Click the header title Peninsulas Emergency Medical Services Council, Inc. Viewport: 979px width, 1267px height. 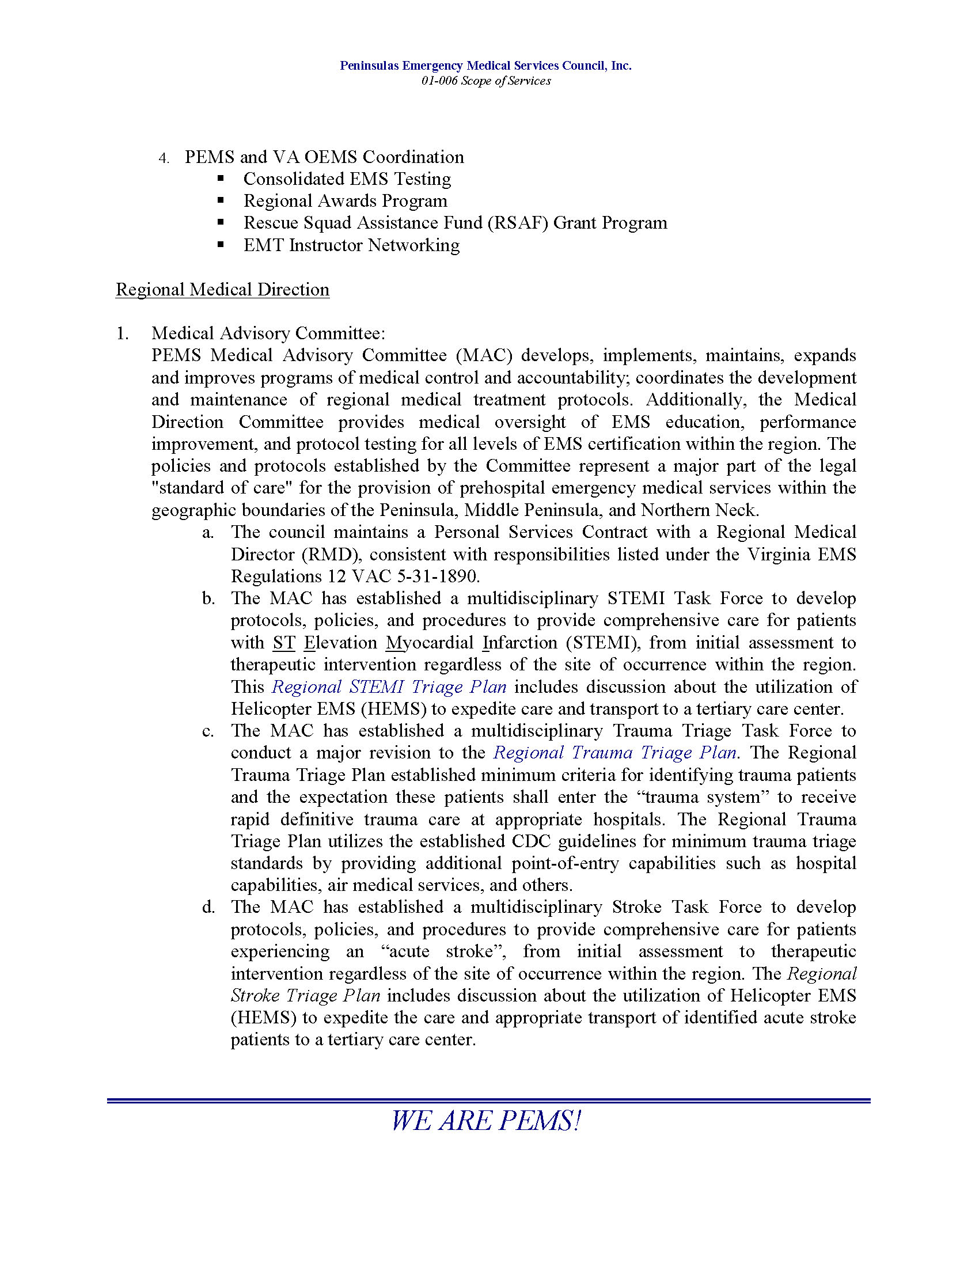point(485,66)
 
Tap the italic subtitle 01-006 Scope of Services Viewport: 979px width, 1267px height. point(485,81)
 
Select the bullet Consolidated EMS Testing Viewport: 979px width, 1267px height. point(347,179)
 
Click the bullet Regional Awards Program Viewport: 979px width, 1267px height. point(345,201)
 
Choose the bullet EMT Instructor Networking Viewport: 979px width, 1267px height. point(351,245)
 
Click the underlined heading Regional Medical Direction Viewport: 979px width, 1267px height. point(223,290)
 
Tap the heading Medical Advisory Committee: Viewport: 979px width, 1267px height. point(268,333)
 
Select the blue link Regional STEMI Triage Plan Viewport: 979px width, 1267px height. point(389,687)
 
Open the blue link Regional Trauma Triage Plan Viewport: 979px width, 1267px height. point(615,753)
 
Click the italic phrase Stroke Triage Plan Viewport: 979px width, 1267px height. point(306,996)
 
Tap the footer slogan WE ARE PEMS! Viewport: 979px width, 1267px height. point(486,1120)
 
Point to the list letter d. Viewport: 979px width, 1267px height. point(208,908)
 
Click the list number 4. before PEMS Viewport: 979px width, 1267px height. point(164,158)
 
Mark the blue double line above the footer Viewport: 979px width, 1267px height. point(488,1101)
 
